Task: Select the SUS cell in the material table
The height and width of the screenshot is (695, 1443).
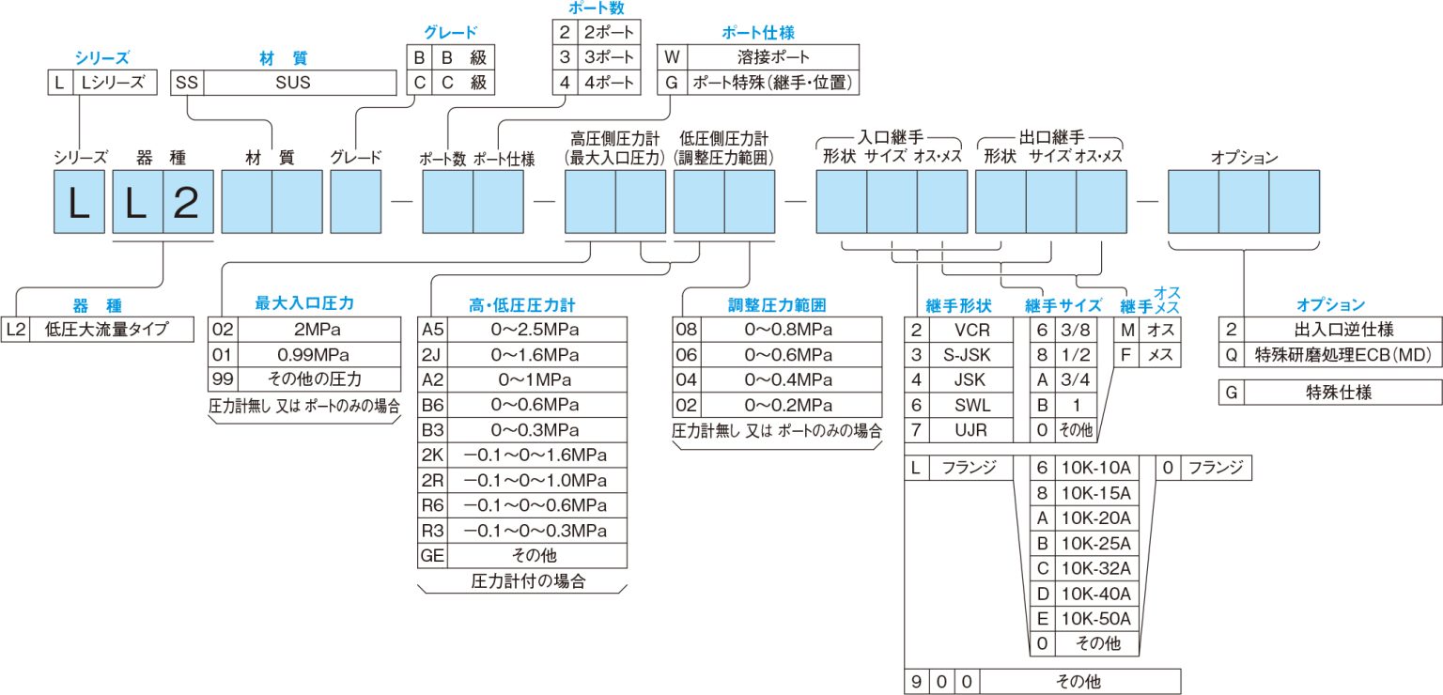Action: tap(300, 83)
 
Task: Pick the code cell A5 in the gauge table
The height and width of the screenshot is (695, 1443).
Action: tap(432, 330)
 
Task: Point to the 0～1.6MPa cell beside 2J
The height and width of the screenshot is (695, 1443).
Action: tap(536, 355)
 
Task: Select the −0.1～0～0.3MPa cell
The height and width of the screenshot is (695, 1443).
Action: tap(536, 531)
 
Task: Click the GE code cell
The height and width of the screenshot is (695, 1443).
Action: tap(432, 556)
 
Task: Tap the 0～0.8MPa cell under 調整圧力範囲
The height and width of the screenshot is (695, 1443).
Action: tap(788, 330)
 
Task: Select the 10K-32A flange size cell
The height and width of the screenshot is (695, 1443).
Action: tap(1096, 569)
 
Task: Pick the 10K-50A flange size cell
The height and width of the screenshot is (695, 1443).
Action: tap(1096, 619)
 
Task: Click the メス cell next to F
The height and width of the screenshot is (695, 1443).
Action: tap(1158, 355)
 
